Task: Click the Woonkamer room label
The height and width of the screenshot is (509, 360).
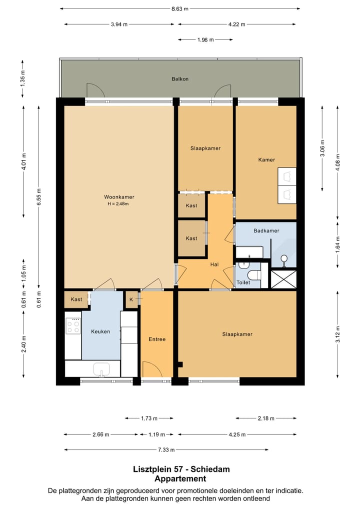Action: (x=119, y=197)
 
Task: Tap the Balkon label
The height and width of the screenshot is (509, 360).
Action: (x=180, y=79)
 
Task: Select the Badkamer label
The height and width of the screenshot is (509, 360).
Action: (x=266, y=231)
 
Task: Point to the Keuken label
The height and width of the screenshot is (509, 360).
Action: (x=100, y=331)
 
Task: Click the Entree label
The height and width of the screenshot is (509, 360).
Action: (x=157, y=339)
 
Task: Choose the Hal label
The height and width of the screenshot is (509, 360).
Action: (x=214, y=264)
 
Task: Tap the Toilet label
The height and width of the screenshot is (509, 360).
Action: (x=243, y=282)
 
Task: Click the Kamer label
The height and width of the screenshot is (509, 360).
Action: (x=266, y=159)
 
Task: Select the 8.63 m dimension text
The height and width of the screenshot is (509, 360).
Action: (x=180, y=9)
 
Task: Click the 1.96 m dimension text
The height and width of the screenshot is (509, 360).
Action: (x=205, y=40)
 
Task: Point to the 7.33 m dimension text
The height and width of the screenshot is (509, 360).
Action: (x=166, y=450)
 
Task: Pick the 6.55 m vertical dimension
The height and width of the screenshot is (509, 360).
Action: (x=39, y=196)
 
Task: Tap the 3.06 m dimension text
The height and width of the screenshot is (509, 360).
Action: (x=322, y=148)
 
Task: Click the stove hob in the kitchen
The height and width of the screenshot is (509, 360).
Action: (x=73, y=325)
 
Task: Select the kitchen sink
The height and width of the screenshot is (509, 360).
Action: (x=101, y=369)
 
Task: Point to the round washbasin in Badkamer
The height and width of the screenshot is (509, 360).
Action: (x=284, y=259)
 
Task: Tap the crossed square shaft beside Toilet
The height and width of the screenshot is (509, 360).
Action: (x=283, y=279)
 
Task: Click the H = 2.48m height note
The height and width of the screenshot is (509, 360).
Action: (x=118, y=204)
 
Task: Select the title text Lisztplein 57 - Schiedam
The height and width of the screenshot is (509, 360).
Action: (x=181, y=469)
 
